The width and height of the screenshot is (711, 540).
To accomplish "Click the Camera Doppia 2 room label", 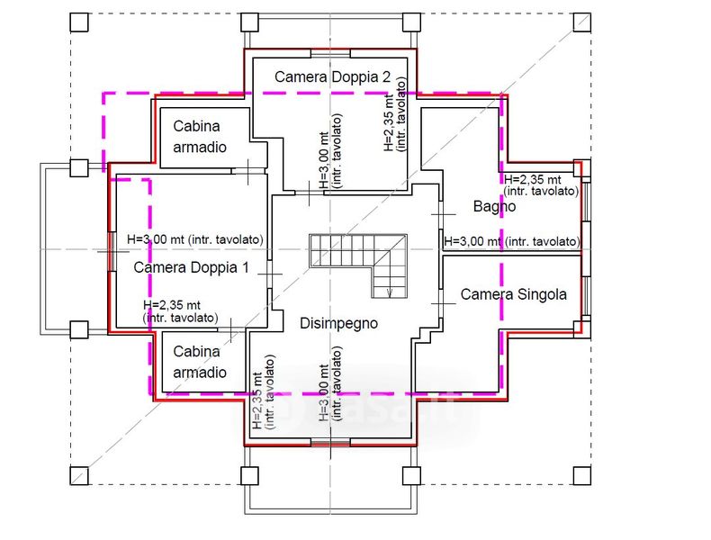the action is (x=332, y=77).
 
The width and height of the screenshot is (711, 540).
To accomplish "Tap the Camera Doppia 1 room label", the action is (x=192, y=267).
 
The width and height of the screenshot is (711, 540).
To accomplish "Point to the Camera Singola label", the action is (x=513, y=294).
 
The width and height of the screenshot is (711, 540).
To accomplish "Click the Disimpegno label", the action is (x=338, y=324).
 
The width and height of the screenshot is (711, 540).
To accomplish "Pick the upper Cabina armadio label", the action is (x=200, y=137).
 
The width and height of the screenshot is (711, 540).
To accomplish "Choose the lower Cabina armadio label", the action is (x=200, y=362).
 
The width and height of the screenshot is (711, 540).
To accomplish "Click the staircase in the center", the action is (x=358, y=265).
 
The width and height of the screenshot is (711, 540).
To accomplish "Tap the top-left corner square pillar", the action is (x=79, y=22).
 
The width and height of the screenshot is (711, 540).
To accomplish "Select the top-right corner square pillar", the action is (x=581, y=22).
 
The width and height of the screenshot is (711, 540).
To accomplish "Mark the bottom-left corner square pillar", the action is (x=79, y=476).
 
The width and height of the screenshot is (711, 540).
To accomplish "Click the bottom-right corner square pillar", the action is (x=581, y=476).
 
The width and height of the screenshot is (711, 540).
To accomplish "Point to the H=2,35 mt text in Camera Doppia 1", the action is (x=172, y=305).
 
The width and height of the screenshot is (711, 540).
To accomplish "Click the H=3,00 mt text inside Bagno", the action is (x=472, y=242).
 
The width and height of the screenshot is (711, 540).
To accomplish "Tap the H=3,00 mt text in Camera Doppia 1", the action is (x=156, y=239).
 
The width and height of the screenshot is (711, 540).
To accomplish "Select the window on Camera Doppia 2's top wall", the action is (x=330, y=53).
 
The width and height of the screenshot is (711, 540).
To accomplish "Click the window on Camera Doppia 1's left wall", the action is (x=112, y=252).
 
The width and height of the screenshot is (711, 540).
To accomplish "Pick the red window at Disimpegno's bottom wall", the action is (x=330, y=443).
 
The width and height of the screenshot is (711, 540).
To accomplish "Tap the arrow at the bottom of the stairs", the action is (x=390, y=292).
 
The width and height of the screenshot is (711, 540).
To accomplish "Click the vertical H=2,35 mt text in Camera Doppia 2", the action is (x=389, y=123).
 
